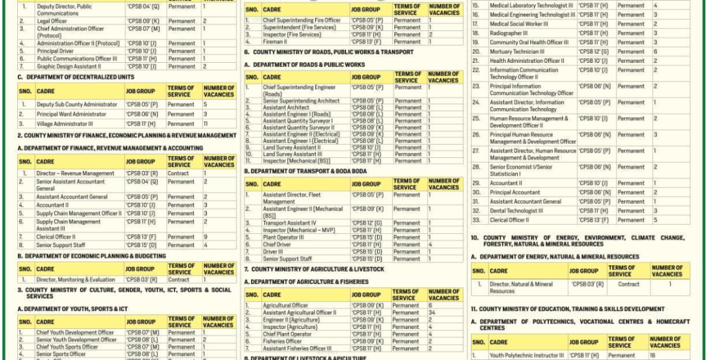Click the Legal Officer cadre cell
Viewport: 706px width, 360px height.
click(x=52, y=21)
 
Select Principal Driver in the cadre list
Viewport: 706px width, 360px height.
click(x=56, y=51)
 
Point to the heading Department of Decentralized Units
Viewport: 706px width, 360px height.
click(x=76, y=77)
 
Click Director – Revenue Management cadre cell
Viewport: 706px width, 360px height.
click(x=75, y=174)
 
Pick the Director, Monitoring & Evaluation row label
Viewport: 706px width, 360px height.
click(x=75, y=280)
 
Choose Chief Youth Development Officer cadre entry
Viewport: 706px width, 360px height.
click(x=75, y=332)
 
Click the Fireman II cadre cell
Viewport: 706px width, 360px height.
click(x=276, y=41)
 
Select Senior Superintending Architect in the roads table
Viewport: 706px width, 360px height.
click(x=301, y=101)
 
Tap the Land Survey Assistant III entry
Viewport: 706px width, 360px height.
click(x=292, y=154)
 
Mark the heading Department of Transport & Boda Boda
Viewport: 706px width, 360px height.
click(x=307, y=171)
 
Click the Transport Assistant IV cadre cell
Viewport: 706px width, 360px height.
click(x=290, y=223)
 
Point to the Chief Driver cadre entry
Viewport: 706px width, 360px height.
click(x=276, y=244)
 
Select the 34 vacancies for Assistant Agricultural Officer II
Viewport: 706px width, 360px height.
click(x=432, y=312)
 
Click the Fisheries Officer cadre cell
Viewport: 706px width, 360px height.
click(x=282, y=341)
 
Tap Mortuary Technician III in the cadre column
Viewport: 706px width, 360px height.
click(x=516, y=52)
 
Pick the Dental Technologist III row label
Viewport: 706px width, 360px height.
click(x=516, y=211)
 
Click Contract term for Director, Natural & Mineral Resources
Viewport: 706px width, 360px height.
click(x=628, y=283)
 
